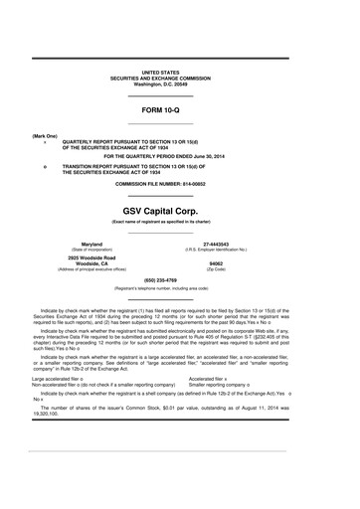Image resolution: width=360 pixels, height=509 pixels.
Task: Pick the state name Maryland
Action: pyautogui.click(x=91, y=244)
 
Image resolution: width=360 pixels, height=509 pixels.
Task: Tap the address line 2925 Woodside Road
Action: pyautogui.click(x=91, y=256)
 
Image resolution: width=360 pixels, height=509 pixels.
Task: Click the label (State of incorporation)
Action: pyautogui.click(x=91, y=250)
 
